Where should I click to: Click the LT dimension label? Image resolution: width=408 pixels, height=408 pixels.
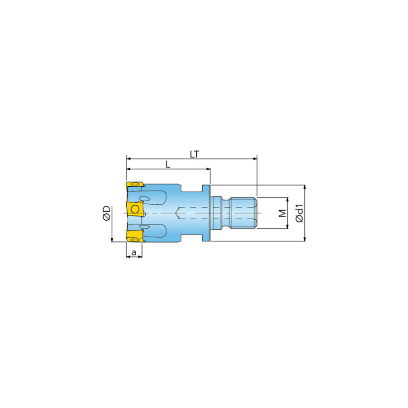tap(194, 154)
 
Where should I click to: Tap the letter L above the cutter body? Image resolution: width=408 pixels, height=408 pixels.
tap(168, 164)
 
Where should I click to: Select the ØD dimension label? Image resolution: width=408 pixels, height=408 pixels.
tap(107, 213)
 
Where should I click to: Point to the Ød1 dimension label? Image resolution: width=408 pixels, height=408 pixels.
tap(299, 213)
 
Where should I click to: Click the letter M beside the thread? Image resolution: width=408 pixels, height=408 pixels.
tap(282, 213)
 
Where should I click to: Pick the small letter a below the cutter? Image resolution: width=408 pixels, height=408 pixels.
tap(134, 252)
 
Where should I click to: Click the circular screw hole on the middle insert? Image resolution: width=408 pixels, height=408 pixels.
tap(135, 209)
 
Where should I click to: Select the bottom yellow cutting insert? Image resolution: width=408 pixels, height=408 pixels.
tap(135, 236)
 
